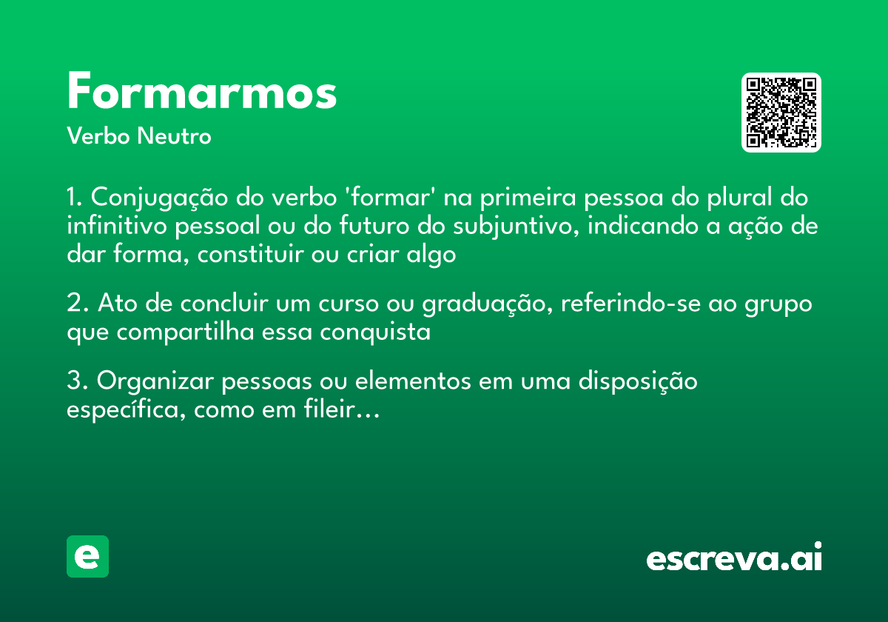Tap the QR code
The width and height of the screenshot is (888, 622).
(x=781, y=113)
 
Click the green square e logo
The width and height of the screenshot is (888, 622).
(x=87, y=556)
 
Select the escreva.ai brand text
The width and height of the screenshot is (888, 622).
(x=734, y=558)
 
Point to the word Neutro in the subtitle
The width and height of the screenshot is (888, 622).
(x=174, y=136)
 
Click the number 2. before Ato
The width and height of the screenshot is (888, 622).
(x=78, y=304)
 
